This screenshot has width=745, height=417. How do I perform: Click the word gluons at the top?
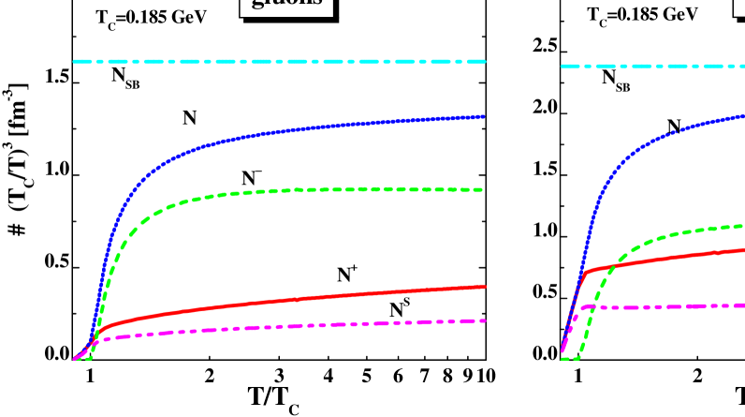[286, 5]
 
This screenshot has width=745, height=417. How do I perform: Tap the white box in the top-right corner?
[739, 7]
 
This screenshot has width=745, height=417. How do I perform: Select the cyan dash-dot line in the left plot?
[281, 62]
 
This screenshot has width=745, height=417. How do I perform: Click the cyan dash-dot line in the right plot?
[655, 67]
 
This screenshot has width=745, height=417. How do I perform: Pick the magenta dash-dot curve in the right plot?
[674, 306]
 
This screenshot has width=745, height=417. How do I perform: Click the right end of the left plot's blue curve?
[484, 117]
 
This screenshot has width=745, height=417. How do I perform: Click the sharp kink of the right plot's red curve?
[585, 273]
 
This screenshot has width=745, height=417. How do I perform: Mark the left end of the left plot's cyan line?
[75, 62]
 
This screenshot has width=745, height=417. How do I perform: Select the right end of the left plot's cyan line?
[485, 62]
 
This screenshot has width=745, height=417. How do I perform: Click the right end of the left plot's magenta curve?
[485, 320]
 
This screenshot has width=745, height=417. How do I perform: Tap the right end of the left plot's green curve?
[482, 190]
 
